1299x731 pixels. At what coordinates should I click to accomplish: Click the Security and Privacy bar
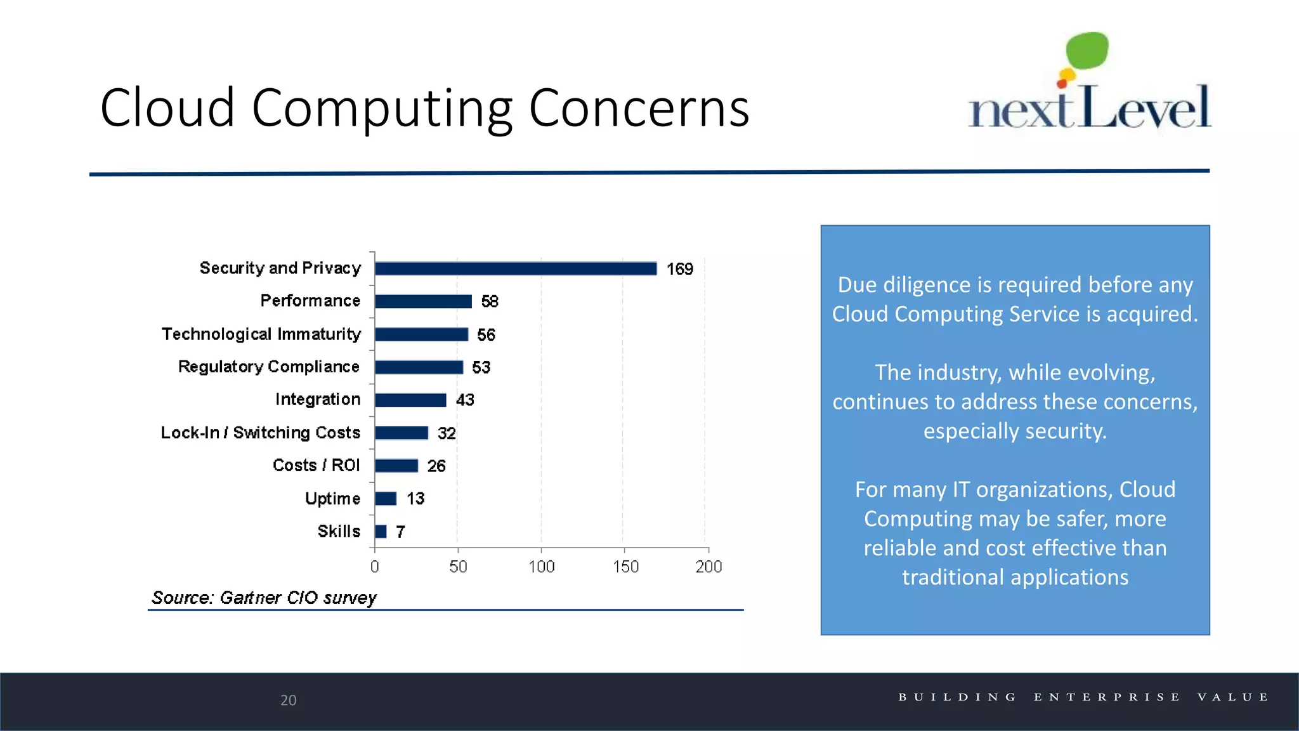[x=516, y=268]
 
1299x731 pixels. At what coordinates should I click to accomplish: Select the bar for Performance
[x=423, y=301]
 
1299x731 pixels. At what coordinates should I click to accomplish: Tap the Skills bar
[x=381, y=532]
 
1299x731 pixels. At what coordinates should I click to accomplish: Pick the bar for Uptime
[x=386, y=499]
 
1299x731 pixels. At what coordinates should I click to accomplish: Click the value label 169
[x=679, y=269]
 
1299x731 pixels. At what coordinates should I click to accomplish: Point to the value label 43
[x=465, y=400]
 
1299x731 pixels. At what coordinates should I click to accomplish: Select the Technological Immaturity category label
[x=261, y=334]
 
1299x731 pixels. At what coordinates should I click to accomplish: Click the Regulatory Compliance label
[x=268, y=367]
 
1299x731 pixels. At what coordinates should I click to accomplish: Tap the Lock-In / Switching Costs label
[x=260, y=433]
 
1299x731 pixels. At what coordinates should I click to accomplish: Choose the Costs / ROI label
[x=316, y=465]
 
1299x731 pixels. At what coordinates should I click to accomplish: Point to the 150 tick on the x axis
[x=625, y=567]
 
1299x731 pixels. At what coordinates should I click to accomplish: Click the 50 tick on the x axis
[x=458, y=567]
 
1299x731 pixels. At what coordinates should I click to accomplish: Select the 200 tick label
[x=708, y=567]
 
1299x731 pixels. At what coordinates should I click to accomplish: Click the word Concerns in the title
[x=639, y=108]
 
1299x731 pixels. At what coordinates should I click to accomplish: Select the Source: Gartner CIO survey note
[x=264, y=598]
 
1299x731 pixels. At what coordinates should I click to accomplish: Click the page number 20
[x=289, y=700]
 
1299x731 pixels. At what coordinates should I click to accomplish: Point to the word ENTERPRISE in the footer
[x=1107, y=697]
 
